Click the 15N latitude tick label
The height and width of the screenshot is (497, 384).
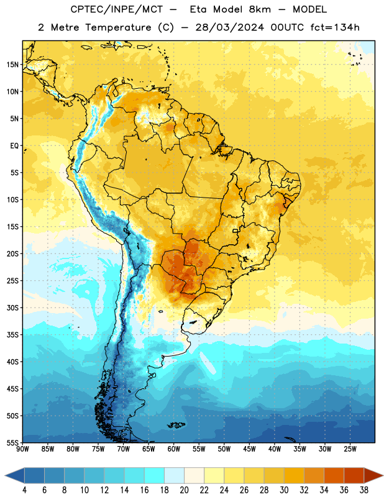12,65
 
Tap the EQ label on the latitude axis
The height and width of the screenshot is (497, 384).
14,146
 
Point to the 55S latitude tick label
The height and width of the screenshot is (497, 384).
12,442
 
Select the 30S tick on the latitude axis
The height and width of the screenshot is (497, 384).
12,308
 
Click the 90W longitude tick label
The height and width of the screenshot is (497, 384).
22,449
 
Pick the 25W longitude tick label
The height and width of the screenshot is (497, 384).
350,449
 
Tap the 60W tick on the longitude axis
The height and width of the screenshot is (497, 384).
174,449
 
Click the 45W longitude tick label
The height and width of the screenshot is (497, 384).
249,449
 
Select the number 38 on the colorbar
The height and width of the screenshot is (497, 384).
363,490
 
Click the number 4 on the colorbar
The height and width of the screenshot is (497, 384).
24,490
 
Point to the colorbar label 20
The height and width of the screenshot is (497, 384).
184,490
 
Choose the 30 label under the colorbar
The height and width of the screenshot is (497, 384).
284,490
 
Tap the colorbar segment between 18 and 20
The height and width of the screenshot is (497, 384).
175,475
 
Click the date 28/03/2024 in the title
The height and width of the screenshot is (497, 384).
229,27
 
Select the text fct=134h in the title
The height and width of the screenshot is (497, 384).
335,27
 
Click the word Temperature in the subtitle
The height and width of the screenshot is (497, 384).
118,27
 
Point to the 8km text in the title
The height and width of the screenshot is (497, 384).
260,9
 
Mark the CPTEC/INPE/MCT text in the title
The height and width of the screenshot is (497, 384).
116,9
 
